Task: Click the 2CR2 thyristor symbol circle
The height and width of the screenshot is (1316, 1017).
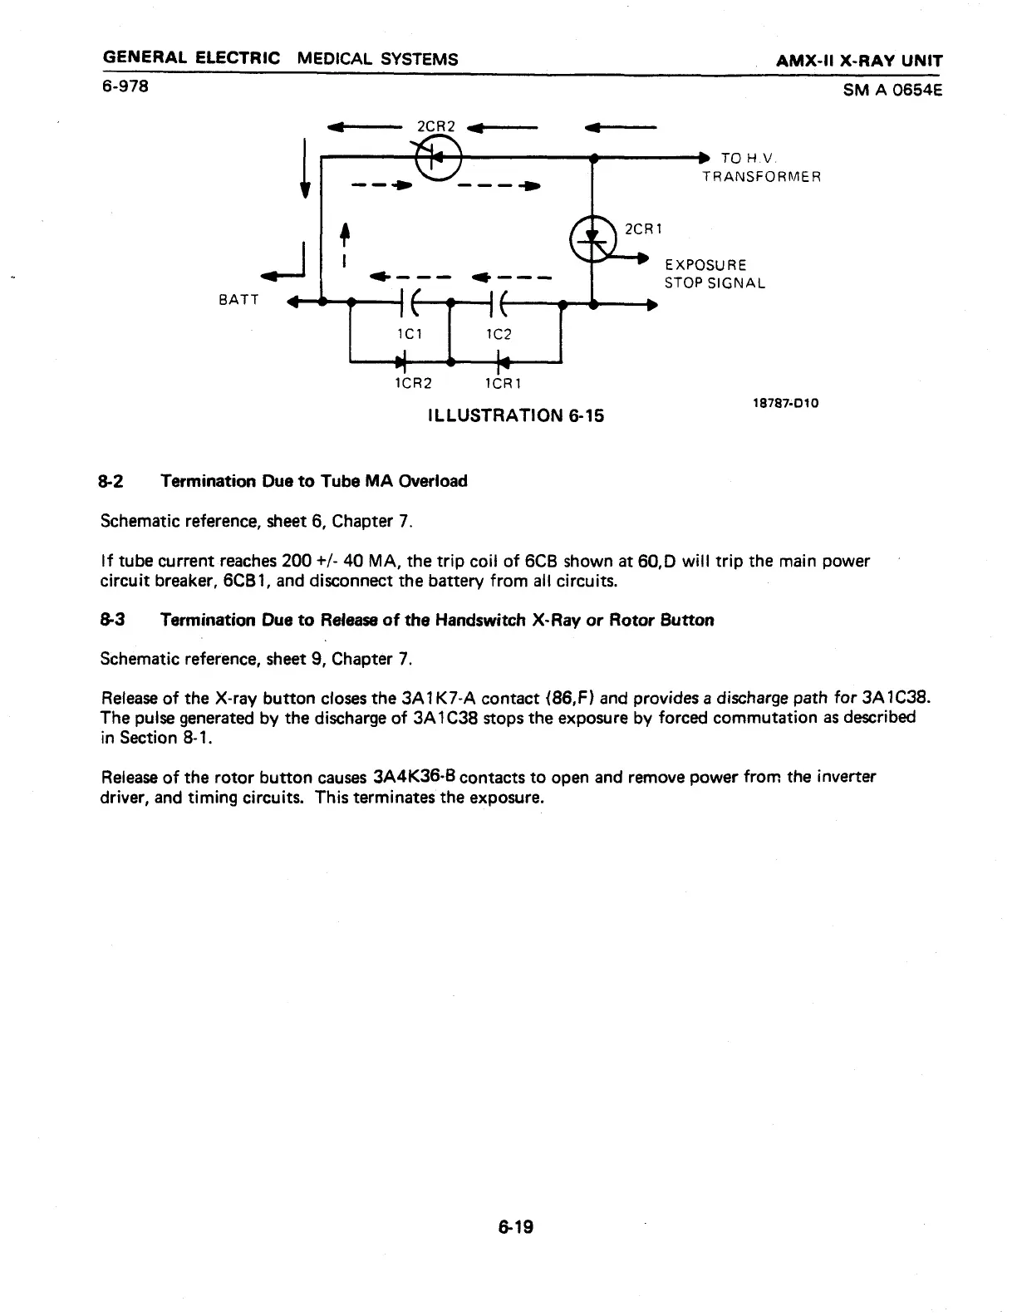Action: click(439, 158)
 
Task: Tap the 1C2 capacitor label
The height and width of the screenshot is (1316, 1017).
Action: click(498, 334)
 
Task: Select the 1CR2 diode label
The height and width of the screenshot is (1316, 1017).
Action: click(412, 384)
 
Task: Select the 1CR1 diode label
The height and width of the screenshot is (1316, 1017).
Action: click(502, 384)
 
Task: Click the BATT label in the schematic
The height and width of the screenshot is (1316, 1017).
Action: click(238, 300)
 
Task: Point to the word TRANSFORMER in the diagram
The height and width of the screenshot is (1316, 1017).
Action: click(761, 176)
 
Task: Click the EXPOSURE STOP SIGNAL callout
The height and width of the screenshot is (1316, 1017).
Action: click(714, 273)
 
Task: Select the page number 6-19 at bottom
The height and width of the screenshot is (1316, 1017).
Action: click(515, 1226)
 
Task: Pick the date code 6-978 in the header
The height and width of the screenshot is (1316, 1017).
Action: click(125, 85)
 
